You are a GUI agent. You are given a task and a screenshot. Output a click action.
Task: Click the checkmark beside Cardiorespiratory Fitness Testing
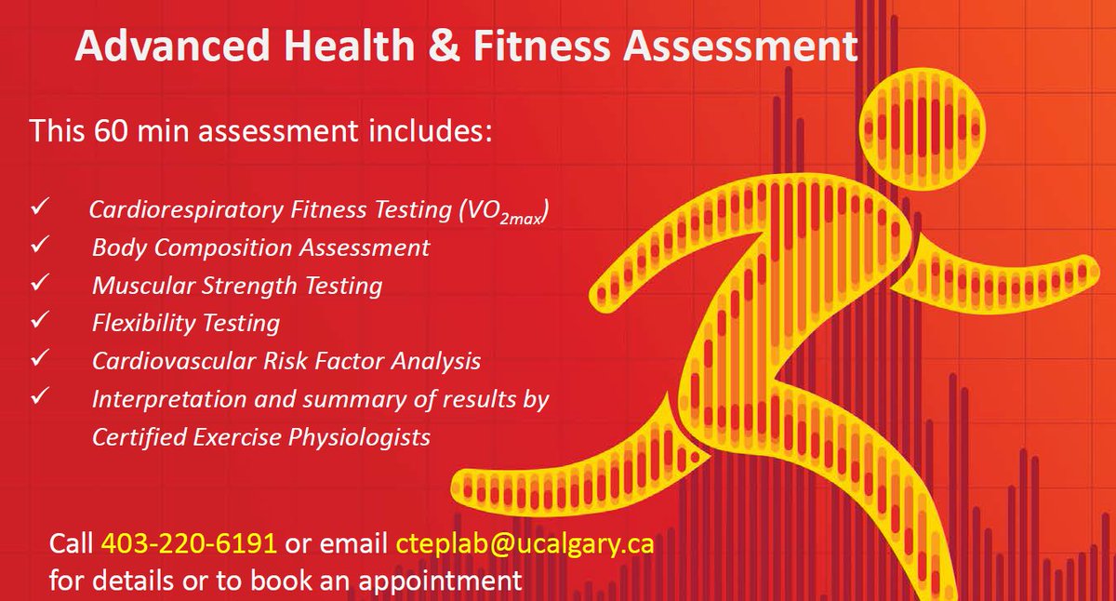[x=39, y=208]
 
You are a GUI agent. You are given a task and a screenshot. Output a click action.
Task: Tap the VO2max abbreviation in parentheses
[x=503, y=212]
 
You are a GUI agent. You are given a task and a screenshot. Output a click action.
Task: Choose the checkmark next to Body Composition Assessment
[x=39, y=247]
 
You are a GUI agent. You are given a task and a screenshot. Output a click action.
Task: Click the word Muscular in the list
[x=136, y=285]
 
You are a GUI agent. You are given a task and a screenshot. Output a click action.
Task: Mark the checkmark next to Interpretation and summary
[x=39, y=398]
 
